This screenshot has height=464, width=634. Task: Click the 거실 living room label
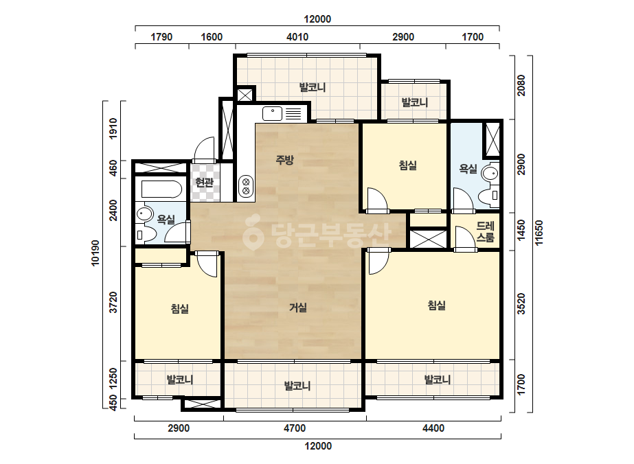[x=298, y=308]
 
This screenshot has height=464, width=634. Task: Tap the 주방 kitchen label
[x=284, y=160]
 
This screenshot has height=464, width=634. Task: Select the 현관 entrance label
[x=204, y=183]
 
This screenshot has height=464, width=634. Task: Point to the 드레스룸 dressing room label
[x=485, y=231]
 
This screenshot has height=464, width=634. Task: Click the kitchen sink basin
[x=272, y=113]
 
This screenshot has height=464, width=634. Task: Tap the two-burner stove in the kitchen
[x=245, y=186]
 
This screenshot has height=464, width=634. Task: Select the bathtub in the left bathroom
[x=161, y=189]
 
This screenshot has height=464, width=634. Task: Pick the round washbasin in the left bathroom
[x=144, y=213]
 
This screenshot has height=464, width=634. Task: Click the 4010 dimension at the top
[x=297, y=37]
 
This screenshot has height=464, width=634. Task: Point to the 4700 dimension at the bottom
[x=295, y=428]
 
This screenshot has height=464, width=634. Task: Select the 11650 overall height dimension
[x=539, y=233]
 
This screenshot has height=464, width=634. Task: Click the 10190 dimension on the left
[x=95, y=253]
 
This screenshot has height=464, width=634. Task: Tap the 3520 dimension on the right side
[x=521, y=304]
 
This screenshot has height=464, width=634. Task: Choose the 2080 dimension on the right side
[x=521, y=85]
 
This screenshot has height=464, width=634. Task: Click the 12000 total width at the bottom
[x=318, y=446]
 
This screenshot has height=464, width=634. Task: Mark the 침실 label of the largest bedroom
[x=437, y=305]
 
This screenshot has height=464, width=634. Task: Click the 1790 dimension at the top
[x=161, y=37]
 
